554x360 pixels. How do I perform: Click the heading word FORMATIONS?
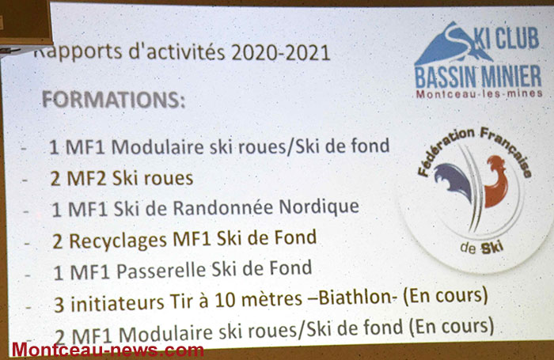coord(114,99)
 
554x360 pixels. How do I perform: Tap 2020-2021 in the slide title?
coord(281,53)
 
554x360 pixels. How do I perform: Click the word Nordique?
coord(319,207)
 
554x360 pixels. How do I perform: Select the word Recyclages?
coord(118,241)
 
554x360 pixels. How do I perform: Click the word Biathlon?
coord(355,297)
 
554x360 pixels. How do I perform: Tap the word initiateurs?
coord(117,303)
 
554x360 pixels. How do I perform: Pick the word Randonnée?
coord(222,207)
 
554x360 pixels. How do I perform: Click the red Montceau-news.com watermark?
coord(108,350)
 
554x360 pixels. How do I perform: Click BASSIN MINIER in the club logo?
coord(478,77)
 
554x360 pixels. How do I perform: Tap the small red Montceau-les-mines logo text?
coord(479,94)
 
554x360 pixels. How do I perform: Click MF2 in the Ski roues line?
coord(86,178)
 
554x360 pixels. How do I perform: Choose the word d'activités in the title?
coord(177,53)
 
